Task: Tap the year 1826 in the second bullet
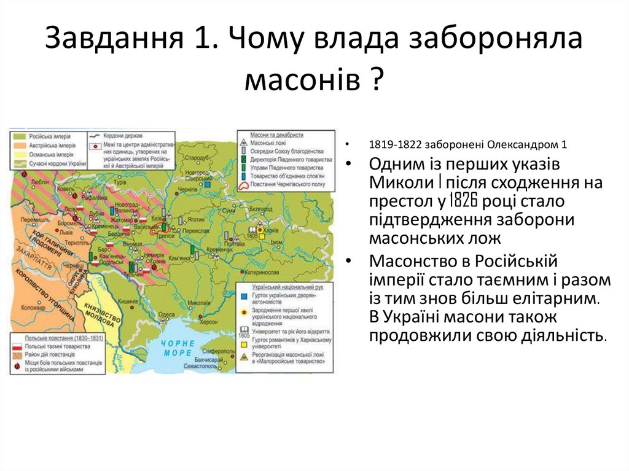coord(464,200)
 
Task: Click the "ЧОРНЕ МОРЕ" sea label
coord(178,348)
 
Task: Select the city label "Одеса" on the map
coord(166,314)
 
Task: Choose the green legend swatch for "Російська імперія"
coord(17,136)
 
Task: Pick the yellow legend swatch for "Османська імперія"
coord(17,154)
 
